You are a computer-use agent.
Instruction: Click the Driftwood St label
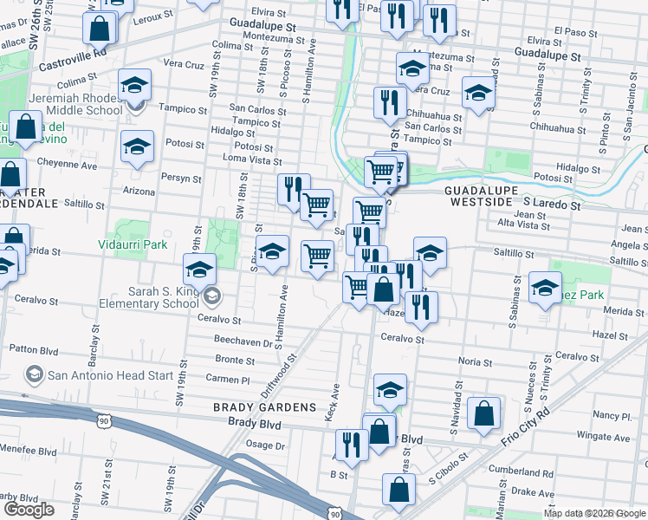(x=279, y=374)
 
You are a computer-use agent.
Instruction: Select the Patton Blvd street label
(x=33, y=348)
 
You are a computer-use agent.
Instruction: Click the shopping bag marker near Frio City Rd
(x=483, y=413)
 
